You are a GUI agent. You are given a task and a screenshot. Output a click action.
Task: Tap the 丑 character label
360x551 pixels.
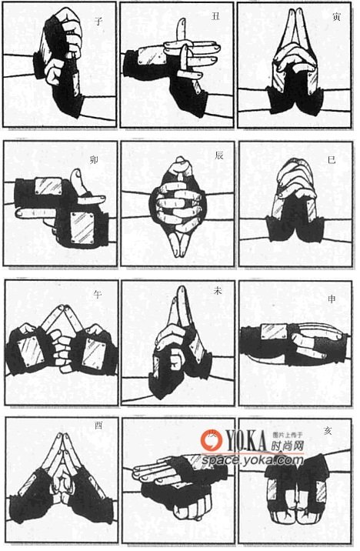[x=215, y=16]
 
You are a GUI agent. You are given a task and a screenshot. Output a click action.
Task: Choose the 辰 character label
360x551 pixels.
[x=219, y=155]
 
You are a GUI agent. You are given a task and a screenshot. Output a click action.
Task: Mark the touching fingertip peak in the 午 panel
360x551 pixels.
[x=61, y=308]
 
